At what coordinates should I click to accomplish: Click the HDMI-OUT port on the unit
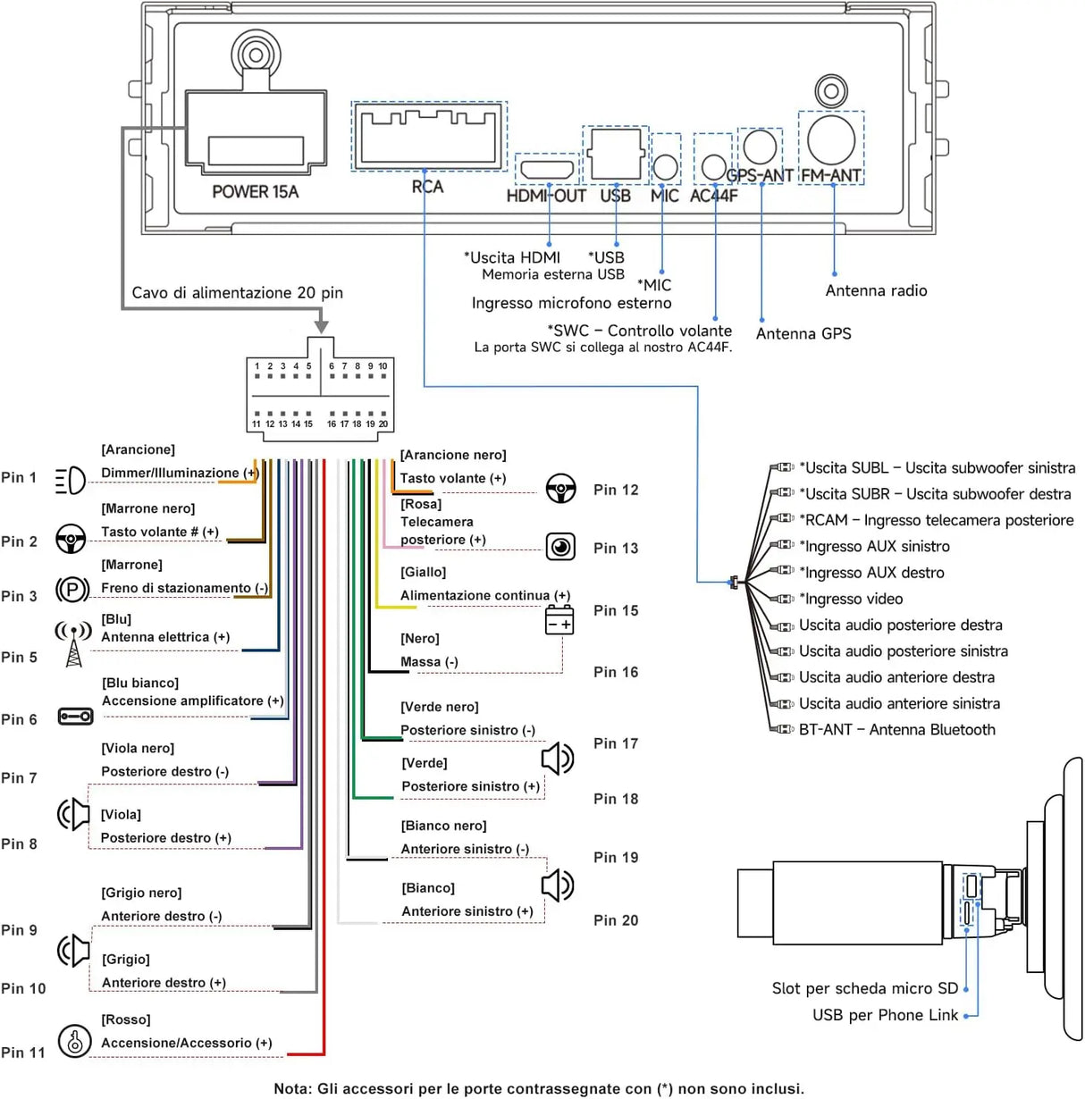pyautogui.click(x=546, y=170)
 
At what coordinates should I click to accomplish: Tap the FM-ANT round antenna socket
pyautogui.click(x=830, y=139)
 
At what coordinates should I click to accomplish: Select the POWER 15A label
pyautogui.click(x=255, y=191)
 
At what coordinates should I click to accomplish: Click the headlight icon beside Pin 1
pyautogui.click(x=71, y=480)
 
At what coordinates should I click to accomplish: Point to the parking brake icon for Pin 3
pyautogui.click(x=71, y=589)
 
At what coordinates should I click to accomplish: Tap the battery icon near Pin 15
pyautogui.click(x=559, y=620)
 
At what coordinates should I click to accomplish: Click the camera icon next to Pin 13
pyautogui.click(x=560, y=547)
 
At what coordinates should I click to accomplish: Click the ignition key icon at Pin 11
pyautogui.click(x=74, y=1041)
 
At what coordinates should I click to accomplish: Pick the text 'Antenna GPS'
pyautogui.click(x=803, y=333)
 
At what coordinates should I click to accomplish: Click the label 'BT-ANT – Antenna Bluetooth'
pyautogui.click(x=896, y=729)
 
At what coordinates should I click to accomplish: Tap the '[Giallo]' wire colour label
pyautogui.click(x=423, y=572)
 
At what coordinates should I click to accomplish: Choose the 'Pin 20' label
pyautogui.click(x=615, y=920)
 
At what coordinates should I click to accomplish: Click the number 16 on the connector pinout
pyautogui.click(x=331, y=424)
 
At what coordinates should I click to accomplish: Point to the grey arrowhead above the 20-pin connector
pyautogui.click(x=322, y=326)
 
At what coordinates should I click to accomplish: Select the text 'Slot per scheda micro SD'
pyautogui.click(x=864, y=988)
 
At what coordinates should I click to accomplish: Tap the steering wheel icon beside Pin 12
pyautogui.click(x=560, y=488)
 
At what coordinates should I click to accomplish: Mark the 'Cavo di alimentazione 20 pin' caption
pyautogui.click(x=238, y=293)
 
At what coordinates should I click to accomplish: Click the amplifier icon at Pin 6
pyautogui.click(x=75, y=716)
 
